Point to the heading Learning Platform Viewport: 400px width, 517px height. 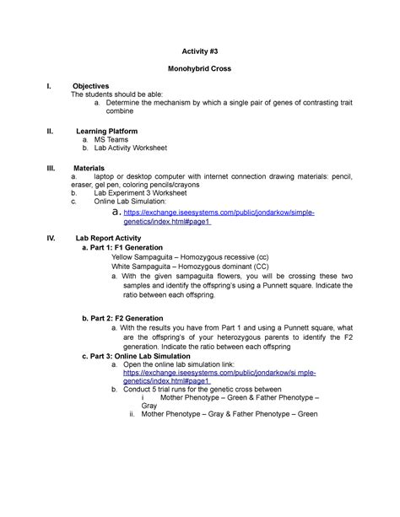pyautogui.click(x=107, y=132)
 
